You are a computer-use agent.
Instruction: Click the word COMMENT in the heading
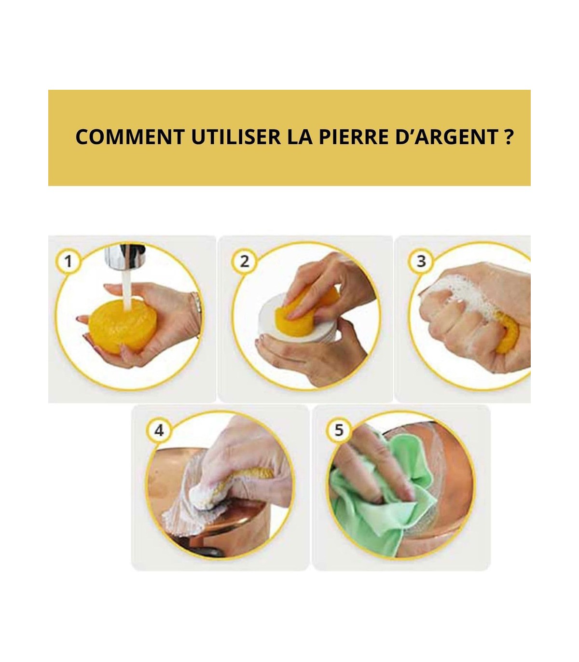click(x=130, y=137)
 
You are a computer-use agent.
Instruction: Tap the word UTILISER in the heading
click(x=236, y=137)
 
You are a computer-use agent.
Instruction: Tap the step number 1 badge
click(x=68, y=261)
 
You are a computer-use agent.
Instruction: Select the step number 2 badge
click(x=245, y=261)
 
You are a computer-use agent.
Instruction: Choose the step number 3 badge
click(x=421, y=261)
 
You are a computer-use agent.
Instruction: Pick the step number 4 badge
click(x=159, y=430)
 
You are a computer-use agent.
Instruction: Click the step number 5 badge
click(x=339, y=430)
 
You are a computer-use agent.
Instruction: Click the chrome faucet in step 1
click(x=124, y=258)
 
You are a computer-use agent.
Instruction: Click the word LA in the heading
click(x=300, y=137)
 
